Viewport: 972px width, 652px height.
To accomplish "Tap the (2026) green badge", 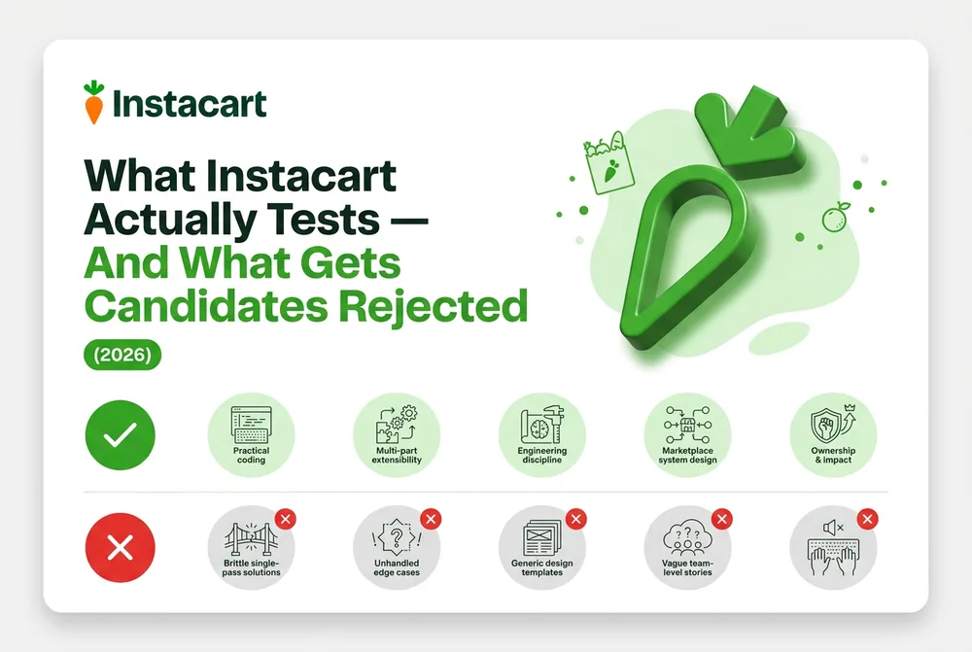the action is pos(122,355).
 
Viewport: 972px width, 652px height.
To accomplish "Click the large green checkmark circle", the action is pos(121,435).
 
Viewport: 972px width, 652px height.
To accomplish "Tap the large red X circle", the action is pos(121,548).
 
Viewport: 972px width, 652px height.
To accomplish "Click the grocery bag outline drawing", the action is pos(608,163).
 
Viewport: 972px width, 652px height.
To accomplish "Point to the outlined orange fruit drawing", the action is pos(834,217).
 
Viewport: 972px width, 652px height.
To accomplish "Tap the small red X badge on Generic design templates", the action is pos(576,519).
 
